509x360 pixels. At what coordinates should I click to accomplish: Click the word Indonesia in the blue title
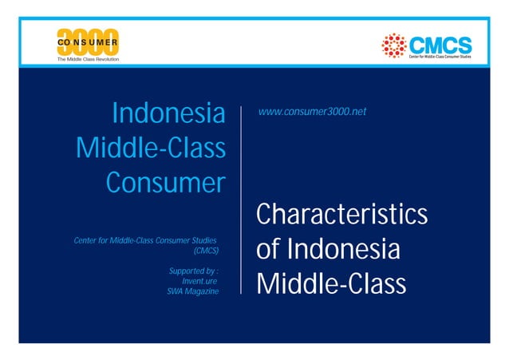coord(168,113)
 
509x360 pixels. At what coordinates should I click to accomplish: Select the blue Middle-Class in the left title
coord(150,148)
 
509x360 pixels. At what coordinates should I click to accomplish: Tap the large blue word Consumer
coord(165,183)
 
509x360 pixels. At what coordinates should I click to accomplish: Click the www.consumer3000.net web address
coord(312,112)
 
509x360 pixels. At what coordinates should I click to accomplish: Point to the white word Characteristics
coord(341,216)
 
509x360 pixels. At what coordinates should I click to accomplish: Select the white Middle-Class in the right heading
coord(331,284)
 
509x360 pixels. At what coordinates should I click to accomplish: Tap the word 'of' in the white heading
coord(268,250)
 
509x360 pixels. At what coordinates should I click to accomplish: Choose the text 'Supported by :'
coord(194,271)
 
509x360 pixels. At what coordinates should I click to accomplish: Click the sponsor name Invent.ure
coord(200,282)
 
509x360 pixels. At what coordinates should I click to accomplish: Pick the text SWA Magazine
coord(192,292)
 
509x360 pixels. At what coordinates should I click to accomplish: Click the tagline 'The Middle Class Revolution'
coord(87,60)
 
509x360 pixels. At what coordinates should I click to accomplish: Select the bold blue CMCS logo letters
coord(440,43)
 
